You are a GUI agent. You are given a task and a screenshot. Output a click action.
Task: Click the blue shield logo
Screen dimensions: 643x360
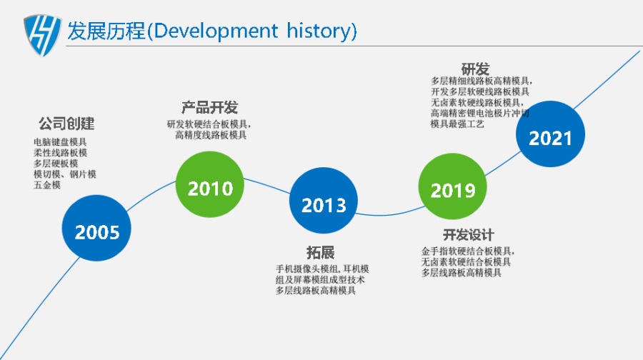coord(42,35)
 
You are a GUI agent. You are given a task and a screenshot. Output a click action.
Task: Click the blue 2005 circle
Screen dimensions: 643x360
coord(96,229)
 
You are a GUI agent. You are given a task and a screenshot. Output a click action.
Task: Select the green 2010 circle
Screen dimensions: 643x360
coord(210,184)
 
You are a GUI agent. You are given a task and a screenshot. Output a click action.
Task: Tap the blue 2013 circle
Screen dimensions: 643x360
coord(324,201)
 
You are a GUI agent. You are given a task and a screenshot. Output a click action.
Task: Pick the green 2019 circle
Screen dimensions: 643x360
coord(453,186)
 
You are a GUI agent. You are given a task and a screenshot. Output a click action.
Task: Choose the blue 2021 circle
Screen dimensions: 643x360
coord(550,134)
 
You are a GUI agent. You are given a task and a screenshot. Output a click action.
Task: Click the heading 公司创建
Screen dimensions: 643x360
coord(66,123)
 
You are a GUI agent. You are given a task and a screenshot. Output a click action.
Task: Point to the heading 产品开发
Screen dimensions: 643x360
coord(209,107)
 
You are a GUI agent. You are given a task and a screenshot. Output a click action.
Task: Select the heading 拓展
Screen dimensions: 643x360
coord(320,252)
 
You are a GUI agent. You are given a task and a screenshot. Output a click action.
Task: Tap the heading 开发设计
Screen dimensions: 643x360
coord(468,235)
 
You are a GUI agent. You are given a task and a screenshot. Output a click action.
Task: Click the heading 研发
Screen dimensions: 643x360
coord(475,69)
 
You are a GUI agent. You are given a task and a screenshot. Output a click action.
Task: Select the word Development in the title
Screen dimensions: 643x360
coord(216,31)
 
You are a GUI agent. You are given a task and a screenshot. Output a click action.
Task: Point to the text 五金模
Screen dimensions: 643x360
coord(47,185)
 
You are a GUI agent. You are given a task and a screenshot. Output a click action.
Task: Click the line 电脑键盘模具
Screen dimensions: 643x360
coord(60,142)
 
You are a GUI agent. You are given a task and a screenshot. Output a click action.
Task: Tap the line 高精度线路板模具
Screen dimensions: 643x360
coord(211,135)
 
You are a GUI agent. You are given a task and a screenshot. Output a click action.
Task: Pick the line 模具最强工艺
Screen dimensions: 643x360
coord(457,124)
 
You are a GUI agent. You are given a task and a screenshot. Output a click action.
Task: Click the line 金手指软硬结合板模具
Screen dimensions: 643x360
coord(468,251)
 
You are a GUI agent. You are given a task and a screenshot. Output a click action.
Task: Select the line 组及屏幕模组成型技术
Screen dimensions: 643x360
coord(320,279)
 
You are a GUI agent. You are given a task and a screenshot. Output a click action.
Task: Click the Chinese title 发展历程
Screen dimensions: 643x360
coord(106,31)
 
